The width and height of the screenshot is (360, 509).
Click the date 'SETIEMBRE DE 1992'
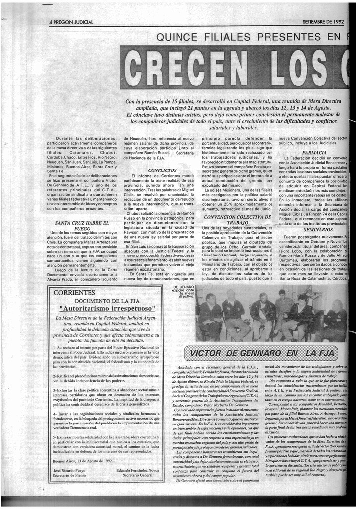point(323,22)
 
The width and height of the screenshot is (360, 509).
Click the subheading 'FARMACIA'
point(314,153)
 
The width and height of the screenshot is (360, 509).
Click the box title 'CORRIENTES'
point(74,292)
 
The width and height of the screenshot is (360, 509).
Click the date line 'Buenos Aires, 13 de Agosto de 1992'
point(88,460)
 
